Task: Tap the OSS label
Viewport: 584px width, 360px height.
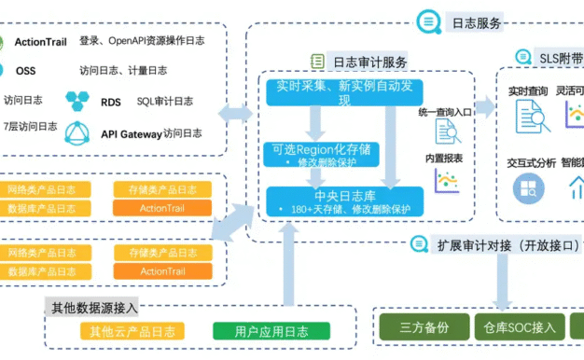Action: point(25,70)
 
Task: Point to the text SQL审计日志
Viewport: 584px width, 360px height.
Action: point(165,101)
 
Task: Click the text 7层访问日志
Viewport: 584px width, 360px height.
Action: point(29,126)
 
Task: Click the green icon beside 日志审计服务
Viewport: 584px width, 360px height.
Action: point(317,62)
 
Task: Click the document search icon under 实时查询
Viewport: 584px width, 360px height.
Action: point(530,117)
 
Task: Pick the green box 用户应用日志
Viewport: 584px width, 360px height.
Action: point(259,331)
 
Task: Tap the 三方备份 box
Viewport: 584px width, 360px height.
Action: point(424,327)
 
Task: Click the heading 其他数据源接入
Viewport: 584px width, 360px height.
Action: point(94,307)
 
